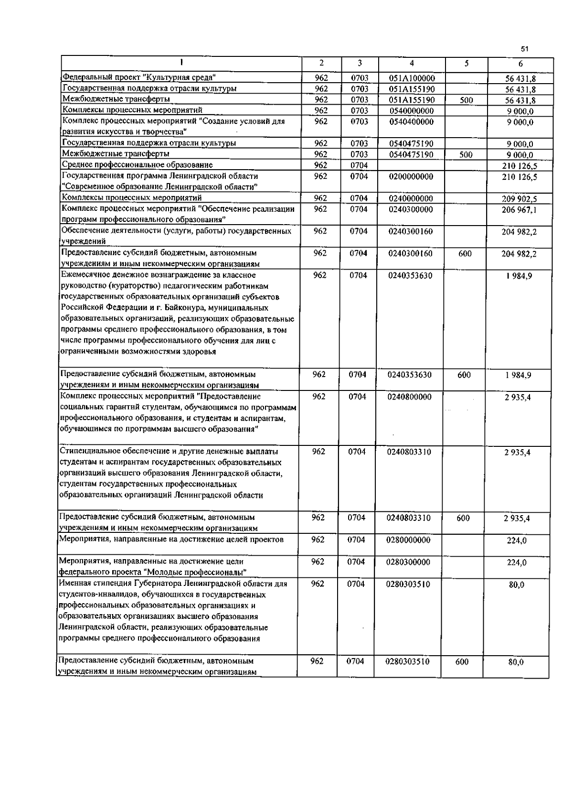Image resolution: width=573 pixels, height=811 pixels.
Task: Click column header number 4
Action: [412, 63]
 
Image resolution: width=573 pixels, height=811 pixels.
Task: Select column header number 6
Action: [520, 64]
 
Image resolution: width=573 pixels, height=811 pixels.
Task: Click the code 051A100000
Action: [412, 78]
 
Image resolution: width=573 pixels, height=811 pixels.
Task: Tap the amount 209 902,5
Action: [519, 199]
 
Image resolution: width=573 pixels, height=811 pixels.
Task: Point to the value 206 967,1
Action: [519, 210]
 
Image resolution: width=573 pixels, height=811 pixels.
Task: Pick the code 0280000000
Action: [408, 540]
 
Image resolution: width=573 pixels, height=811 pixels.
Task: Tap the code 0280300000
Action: [408, 562]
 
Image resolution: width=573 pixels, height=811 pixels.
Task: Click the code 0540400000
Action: [411, 121]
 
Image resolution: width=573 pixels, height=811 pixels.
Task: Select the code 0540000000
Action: [411, 110]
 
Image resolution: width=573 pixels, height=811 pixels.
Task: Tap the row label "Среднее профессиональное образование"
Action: [138, 165]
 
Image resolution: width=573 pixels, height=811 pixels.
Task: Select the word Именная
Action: [73, 584]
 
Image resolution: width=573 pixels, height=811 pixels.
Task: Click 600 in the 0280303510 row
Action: [462, 662]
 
